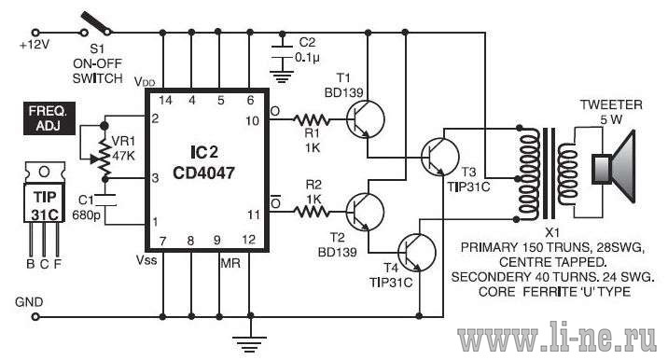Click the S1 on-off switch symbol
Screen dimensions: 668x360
tap(97, 24)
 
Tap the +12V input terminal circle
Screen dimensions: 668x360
tap(35, 33)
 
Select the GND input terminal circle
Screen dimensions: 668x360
tap(35, 317)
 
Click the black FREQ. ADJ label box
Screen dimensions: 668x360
tap(49, 118)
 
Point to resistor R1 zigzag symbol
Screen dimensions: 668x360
tap(312, 119)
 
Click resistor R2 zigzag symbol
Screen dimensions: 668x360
tap(312, 212)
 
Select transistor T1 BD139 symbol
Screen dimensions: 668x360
tap(365, 119)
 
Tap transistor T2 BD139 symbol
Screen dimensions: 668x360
tap(365, 212)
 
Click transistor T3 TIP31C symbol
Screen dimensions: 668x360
tap(439, 157)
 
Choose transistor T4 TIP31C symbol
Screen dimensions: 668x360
tap(417, 253)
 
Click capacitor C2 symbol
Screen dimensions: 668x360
tap(282, 51)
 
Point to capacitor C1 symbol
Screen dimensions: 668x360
tap(105, 201)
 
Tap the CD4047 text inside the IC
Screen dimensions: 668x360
tap(203, 173)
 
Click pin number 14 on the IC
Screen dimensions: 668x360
tap(165, 100)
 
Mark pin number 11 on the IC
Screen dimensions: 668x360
tap(254, 215)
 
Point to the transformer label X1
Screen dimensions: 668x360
tap(552, 232)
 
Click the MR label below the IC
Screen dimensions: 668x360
tap(230, 263)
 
